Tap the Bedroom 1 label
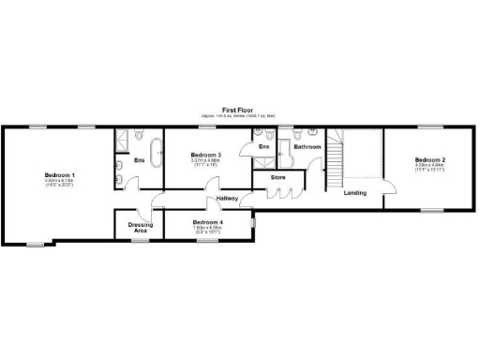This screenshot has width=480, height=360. (59, 175)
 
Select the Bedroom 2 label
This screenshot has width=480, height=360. (430, 160)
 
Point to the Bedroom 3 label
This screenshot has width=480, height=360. (205, 154)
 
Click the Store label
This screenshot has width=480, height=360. (278, 176)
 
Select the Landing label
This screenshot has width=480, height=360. (355, 193)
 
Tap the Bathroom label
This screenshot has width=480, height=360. (307, 147)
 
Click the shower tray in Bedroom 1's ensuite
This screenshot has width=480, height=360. (123, 140)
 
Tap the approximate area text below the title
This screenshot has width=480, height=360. (235, 116)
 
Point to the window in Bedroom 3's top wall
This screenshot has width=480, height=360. (207, 126)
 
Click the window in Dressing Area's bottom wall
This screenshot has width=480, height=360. (139, 242)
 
